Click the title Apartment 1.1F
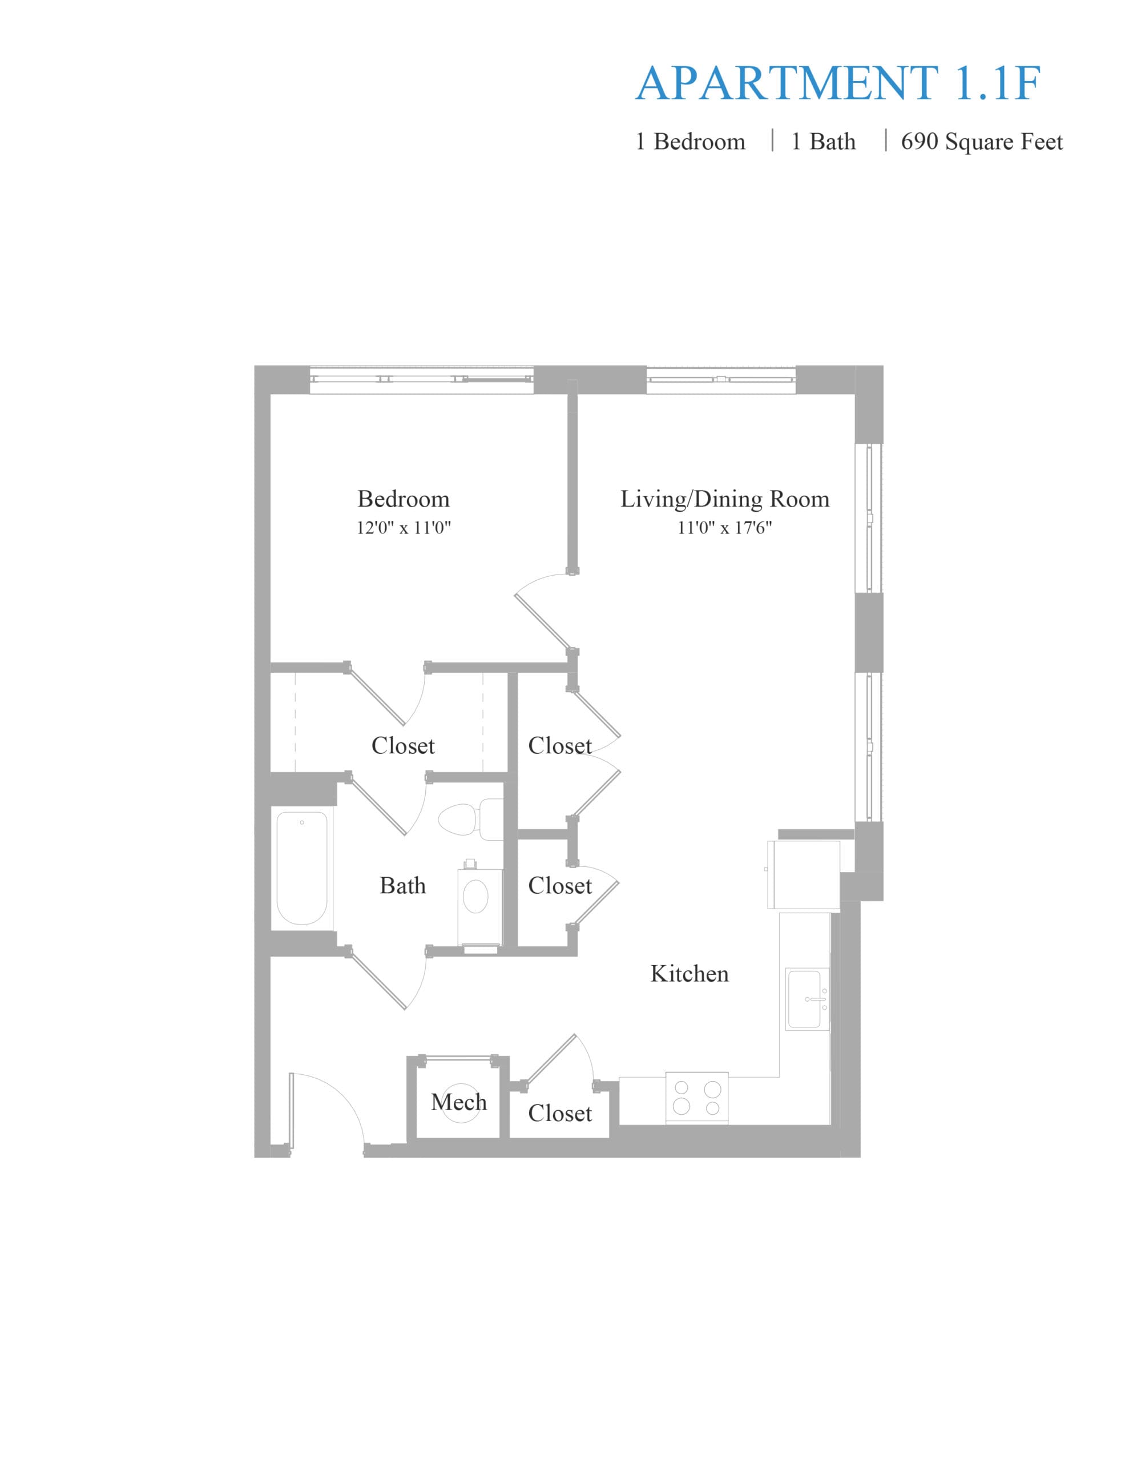click(x=837, y=84)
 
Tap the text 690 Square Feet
click(x=981, y=142)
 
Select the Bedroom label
click(x=404, y=499)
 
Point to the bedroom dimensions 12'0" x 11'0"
click(x=404, y=528)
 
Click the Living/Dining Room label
click(x=725, y=499)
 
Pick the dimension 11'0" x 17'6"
click(x=725, y=528)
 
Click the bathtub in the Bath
click(x=302, y=868)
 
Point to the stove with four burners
click(x=697, y=1098)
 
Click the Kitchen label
click(x=690, y=974)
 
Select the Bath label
click(x=402, y=886)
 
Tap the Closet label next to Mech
click(x=560, y=1113)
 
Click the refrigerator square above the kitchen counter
click(x=804, y=875)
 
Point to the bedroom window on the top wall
click(x=422, y=380)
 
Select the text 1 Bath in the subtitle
click(x=823, y=142)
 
